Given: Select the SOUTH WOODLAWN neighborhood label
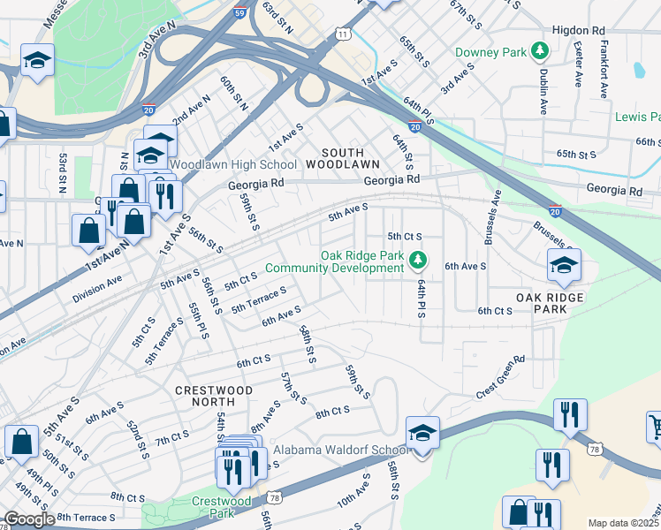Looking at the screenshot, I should pos(343,158).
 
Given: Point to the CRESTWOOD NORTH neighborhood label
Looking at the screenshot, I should pos(214,396).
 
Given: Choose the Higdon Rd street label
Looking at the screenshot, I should pos(579,29).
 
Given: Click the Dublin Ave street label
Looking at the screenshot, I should pos(543,92).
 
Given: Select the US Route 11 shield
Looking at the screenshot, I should pos(343,34).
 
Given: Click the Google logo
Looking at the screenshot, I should pos(29,519).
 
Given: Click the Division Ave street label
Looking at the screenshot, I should pos(97,285).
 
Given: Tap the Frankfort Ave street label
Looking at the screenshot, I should pos(604,72).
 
